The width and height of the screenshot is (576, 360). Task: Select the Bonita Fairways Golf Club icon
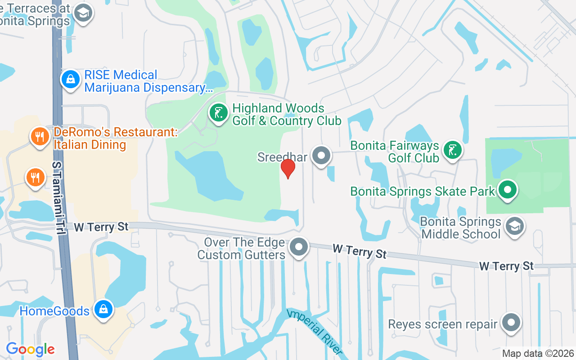pyautogui.click(x=453, y=150)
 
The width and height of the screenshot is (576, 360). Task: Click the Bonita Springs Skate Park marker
pyautogui.click(x=508, y=189)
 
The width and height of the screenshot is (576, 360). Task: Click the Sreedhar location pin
pyautogui.click(x=321, y=156)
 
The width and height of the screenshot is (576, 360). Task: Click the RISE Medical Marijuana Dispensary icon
pyautogui.click(x=70, y=80)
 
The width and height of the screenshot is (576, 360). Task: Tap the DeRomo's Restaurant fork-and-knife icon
pyautogui.click(x=40, y=136)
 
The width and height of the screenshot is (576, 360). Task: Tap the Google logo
pyautogui.click(x=30, y=349)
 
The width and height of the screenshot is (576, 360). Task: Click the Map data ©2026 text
pyautogui.click(x=538, y=353)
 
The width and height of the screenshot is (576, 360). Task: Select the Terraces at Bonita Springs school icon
pyautogui.click(x=83, y=13)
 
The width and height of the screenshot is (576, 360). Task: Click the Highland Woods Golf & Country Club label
pyautogui.click(x=286, y=115)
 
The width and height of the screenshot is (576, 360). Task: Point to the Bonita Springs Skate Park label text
pyautogui.click(x=423, y=191)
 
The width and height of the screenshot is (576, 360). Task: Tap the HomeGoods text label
pyautogui.click(x=54, y=311)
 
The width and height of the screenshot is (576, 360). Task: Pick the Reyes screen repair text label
pyautogui.click(x=443, y=324)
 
